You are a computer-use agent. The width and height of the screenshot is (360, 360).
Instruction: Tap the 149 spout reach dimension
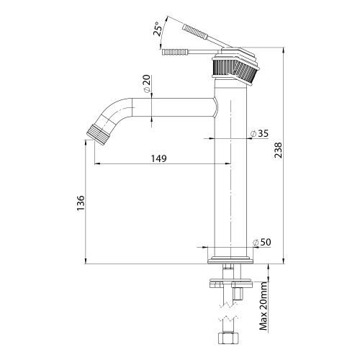pyautogui.click(x=158, y=159)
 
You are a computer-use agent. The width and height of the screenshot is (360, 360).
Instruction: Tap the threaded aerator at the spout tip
pyautogui.click(x=96, y=134)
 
